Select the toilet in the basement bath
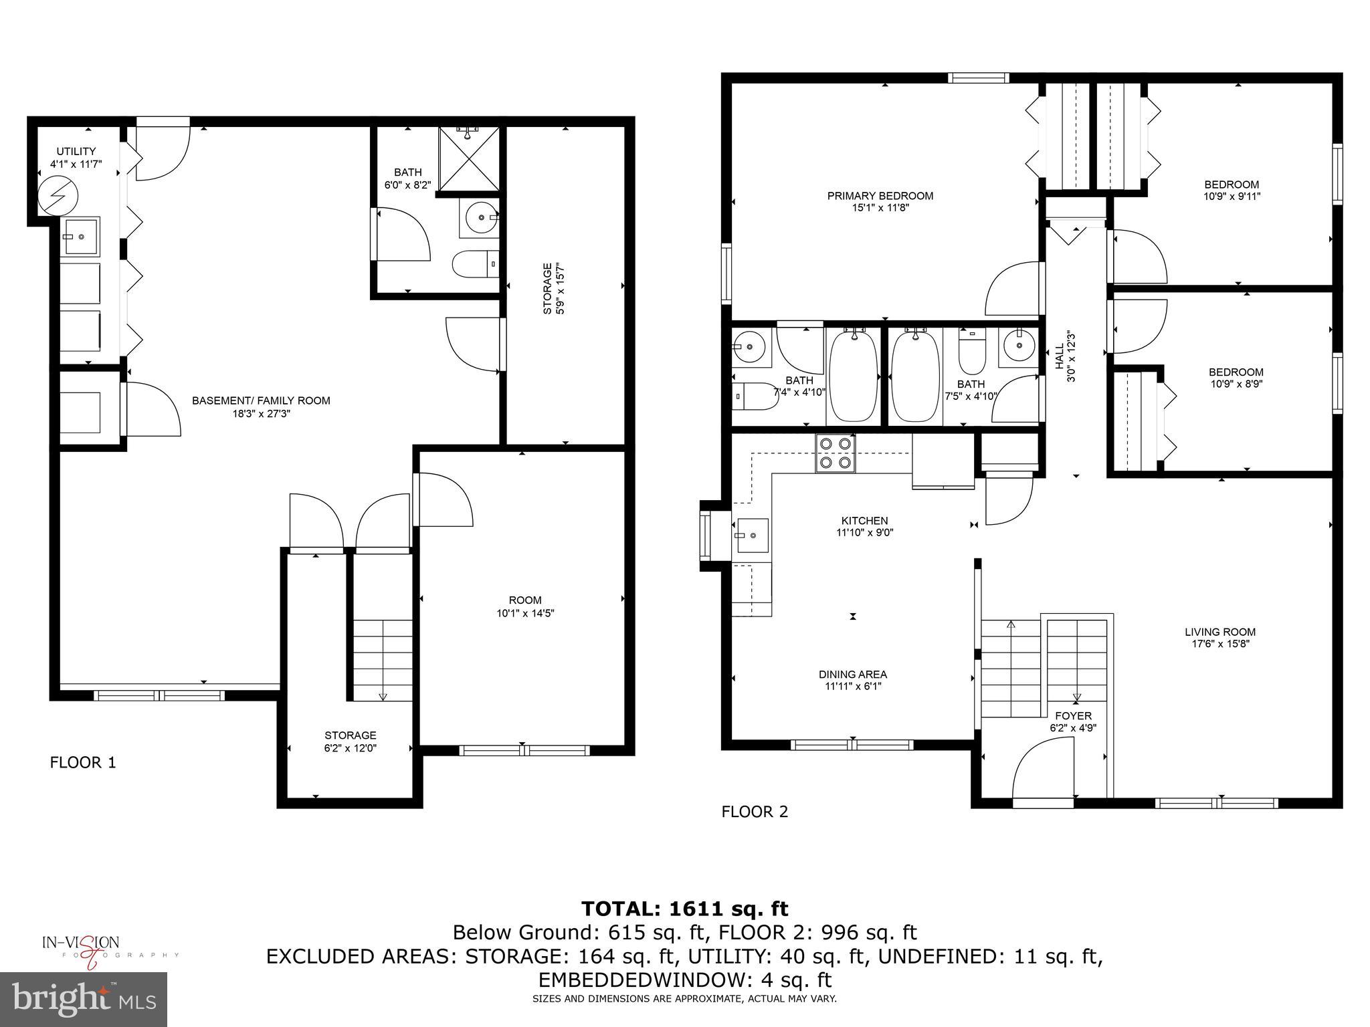475,264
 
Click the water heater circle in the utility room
58,195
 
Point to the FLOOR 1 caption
83,762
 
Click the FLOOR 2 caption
755,812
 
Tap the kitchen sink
753,536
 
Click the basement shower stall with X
469,159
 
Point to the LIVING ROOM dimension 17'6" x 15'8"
1220,644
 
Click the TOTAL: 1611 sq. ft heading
684,909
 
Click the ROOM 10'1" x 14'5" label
525,606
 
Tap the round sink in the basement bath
480,218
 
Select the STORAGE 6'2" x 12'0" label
350,741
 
